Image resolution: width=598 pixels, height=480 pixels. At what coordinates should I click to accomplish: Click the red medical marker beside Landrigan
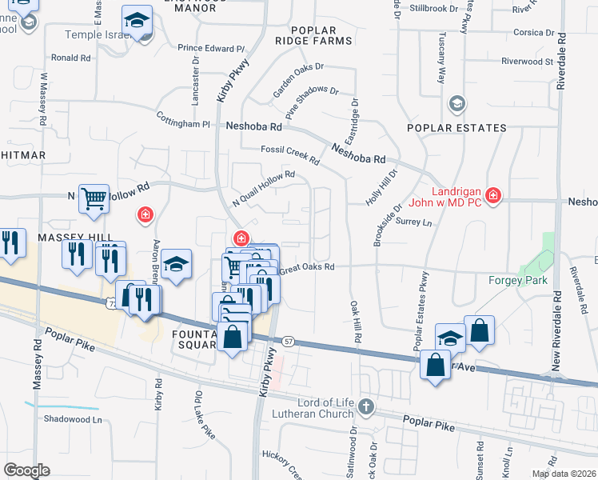[x=493, y=195]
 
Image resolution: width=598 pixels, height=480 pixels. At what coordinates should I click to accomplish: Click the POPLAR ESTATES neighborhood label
[x=456, y=128]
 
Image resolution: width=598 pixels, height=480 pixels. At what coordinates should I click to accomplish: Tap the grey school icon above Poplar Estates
[x=456, y=102]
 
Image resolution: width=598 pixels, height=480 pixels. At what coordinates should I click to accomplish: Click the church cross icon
[x=366, y=406]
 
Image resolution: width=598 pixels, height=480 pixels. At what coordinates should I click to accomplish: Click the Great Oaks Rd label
[x=306, y=267]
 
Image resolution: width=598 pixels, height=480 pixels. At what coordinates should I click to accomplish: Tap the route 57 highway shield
[x=289, y=341]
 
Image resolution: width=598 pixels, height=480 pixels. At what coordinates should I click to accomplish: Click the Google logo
[x=26, y=470]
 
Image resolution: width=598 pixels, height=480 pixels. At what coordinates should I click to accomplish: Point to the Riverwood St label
[x=527, y=61]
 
